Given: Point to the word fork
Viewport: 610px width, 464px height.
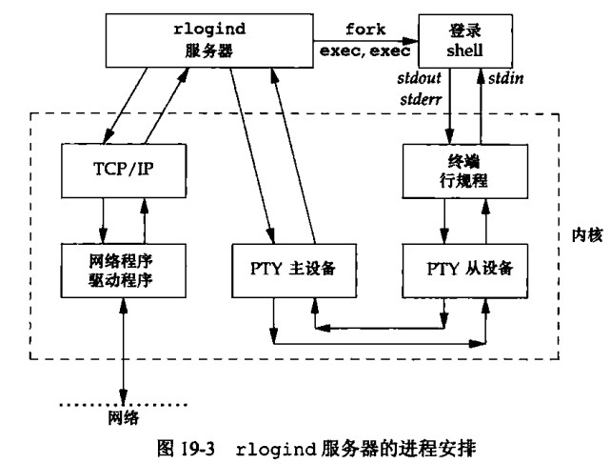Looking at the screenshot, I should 364,30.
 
